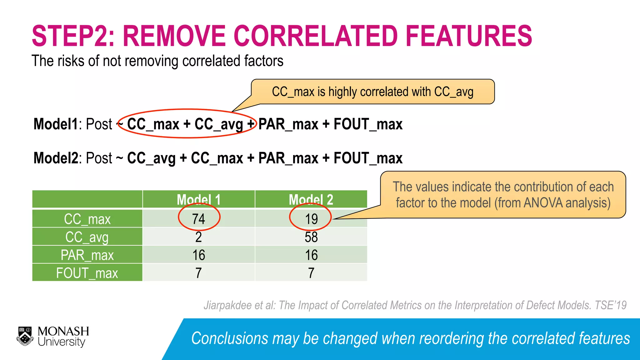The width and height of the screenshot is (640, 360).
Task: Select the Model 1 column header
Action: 199,199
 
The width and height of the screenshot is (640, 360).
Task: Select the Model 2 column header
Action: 311,199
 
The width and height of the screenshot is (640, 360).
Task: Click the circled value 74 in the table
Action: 199,219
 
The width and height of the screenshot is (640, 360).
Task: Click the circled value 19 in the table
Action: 311,219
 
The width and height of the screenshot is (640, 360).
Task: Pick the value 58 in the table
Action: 311,237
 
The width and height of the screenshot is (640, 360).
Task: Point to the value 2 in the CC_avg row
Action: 199,237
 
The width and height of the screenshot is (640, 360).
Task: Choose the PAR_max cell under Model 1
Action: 199,255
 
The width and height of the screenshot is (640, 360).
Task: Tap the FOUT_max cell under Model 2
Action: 311,273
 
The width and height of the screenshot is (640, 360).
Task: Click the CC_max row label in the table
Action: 87,219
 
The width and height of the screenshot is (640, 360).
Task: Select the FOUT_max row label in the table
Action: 87,273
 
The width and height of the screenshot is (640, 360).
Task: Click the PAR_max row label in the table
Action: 87,255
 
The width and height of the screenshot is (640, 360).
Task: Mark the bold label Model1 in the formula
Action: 56,124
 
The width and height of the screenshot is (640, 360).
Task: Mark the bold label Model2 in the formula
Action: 56,158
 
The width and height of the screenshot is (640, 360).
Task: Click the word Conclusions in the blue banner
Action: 230,338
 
